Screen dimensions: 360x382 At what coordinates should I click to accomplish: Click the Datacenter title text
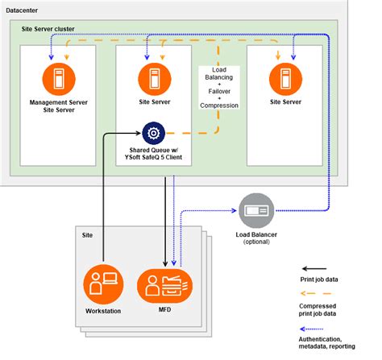[28, 12]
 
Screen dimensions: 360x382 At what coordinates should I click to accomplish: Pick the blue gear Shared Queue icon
[153, 132]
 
